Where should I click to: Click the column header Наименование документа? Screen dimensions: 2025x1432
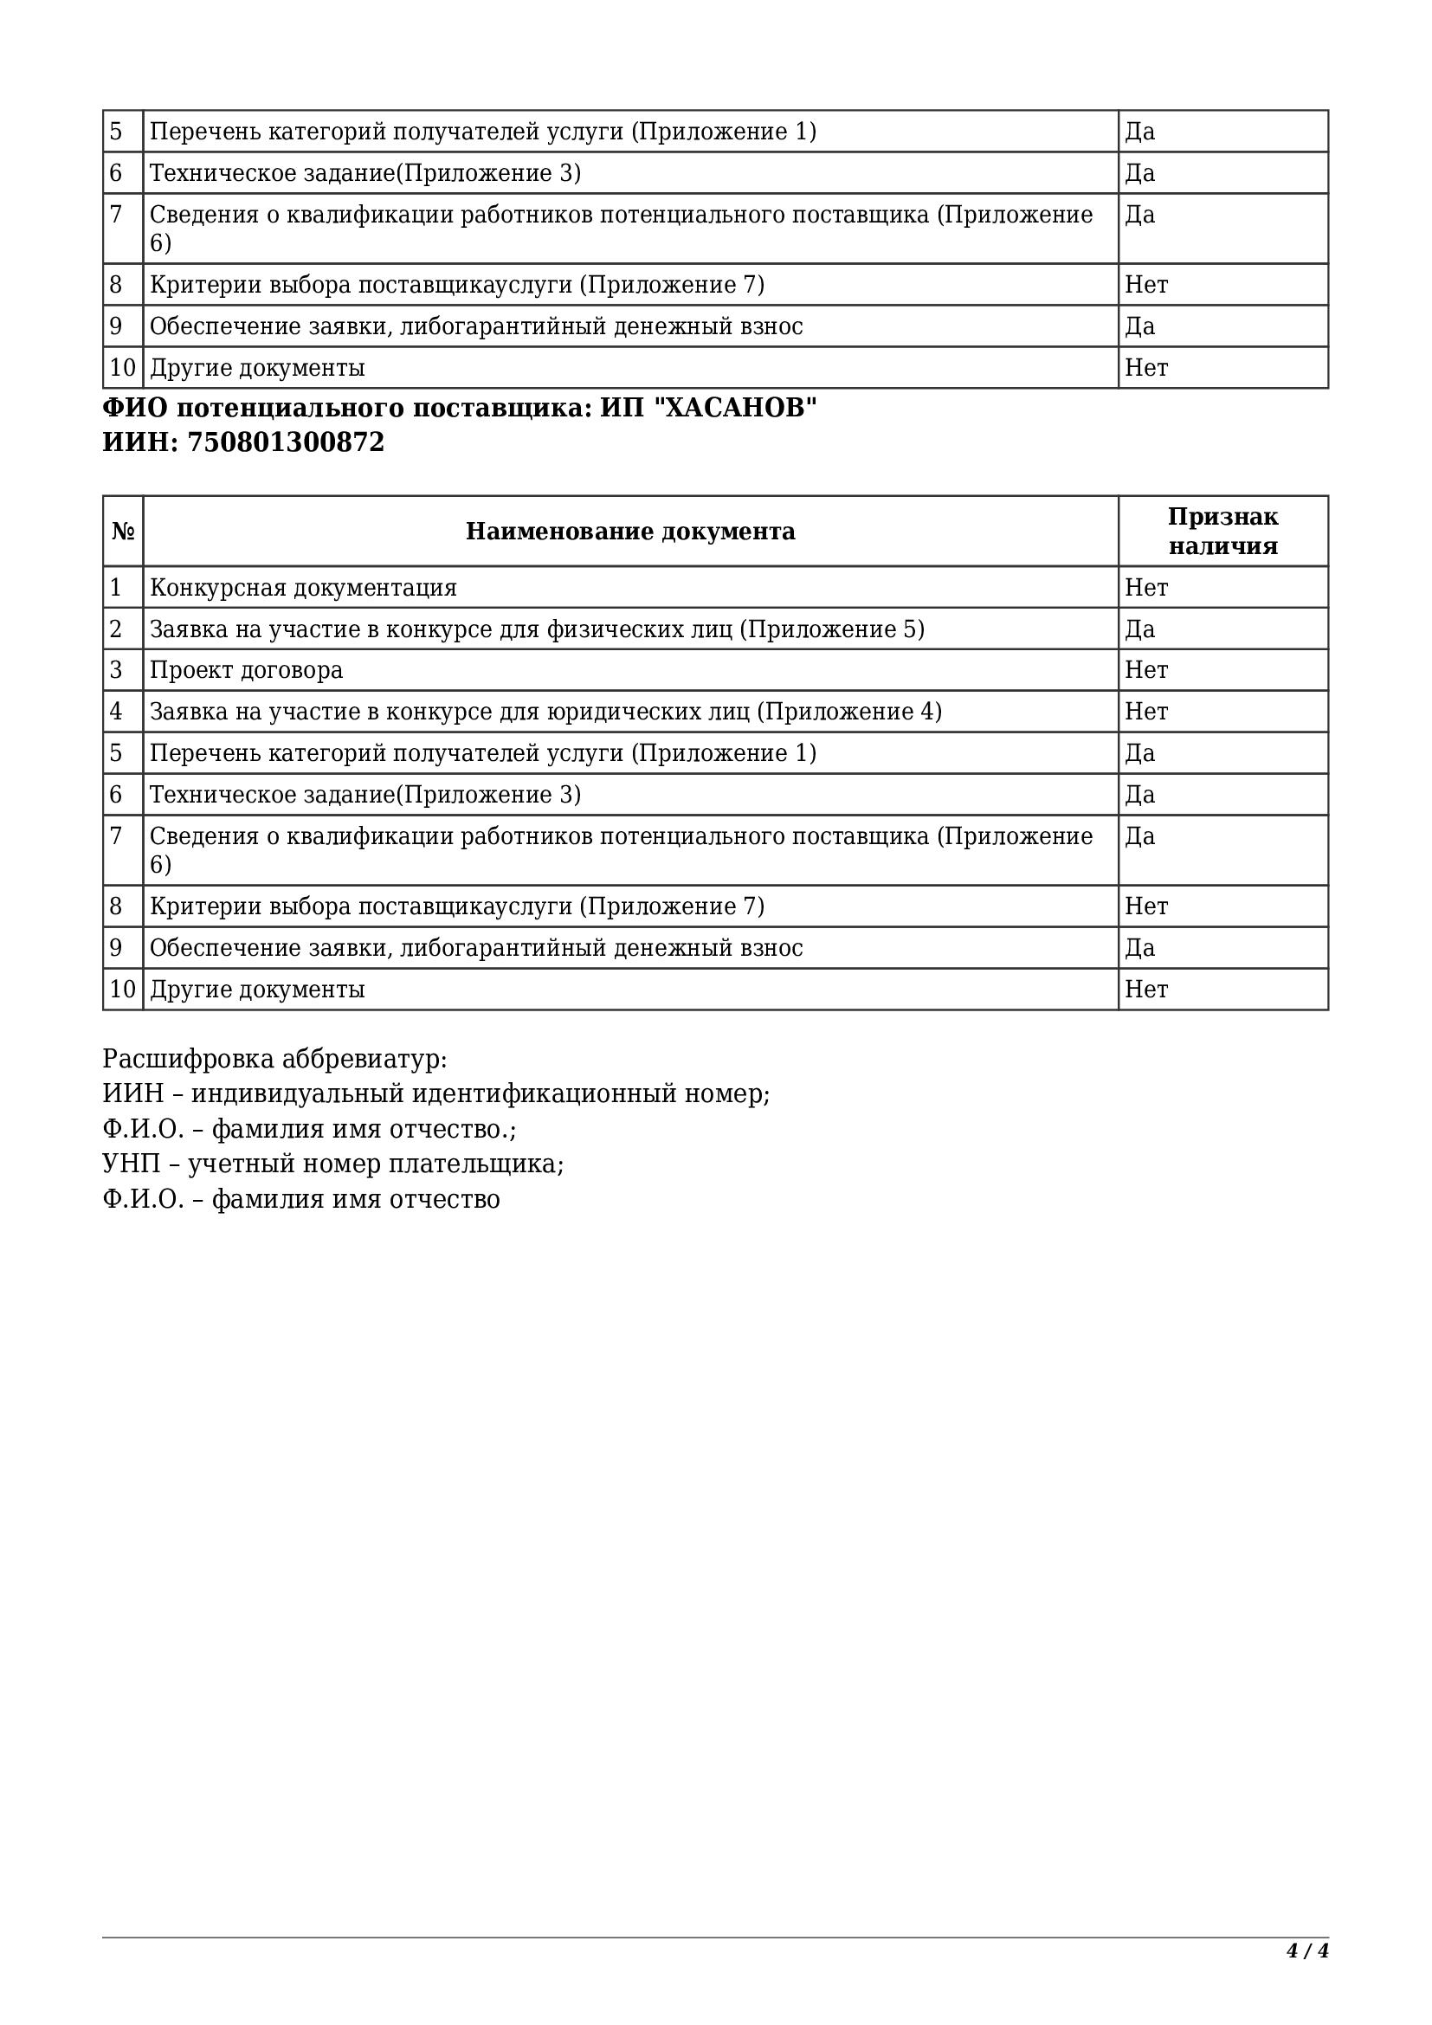(629, 532)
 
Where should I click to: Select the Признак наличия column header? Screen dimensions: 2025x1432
(1222, 532)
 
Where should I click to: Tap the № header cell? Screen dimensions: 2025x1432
(124, 532)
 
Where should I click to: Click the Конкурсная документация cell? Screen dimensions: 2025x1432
(303, 588)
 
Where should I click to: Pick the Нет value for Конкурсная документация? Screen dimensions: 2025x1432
(1145, 588)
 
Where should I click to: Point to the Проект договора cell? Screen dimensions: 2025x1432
(246, 671)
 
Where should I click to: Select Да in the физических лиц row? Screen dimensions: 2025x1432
(1139, 629)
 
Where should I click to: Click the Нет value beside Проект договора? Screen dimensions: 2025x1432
(1145, 671)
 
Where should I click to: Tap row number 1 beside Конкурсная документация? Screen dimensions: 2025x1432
(115, 588)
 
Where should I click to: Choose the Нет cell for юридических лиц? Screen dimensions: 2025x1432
(1145, 713)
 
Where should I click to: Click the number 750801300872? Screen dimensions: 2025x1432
(286, 442)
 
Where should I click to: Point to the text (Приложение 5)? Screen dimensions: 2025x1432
(831, 629)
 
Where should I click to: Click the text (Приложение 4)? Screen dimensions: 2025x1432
(849, 713)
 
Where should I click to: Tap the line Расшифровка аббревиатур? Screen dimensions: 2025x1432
(274, 1059)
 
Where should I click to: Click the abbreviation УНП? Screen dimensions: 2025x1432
(132, 1165)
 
